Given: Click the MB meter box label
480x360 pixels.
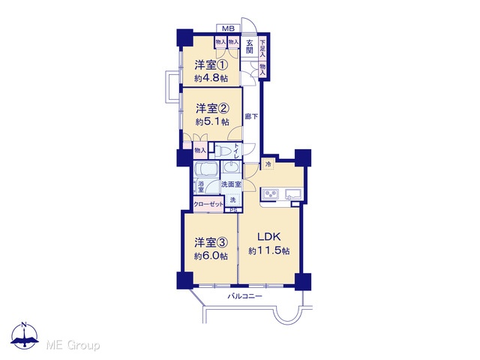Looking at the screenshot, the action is [x=228, y=28].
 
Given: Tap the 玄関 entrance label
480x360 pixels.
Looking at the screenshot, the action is [x=250, y=46].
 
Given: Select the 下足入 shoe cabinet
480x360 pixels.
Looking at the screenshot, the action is [x=262, y=48].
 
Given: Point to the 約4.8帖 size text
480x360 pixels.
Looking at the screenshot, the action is [x=211, y=78].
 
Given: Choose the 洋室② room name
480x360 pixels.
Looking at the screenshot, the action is [x=213, y=108].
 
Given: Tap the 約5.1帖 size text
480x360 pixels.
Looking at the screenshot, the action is [x=212, y=121].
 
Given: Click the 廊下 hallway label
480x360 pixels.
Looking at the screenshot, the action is [x=251, y=117].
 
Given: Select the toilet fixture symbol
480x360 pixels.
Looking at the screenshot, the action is [x=222, y=151].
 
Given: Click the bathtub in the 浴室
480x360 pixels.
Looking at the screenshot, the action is [x=206, y=170].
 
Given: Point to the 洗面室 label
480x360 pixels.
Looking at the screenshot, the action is [x=231, y=184].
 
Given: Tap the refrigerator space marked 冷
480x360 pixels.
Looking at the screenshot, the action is [x=268, y=164].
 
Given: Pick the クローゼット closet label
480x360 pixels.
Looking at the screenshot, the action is [x=208, y=204].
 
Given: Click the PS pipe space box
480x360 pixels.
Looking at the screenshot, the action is [x=233, y=210].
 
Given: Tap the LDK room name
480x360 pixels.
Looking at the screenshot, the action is [x=268, y=237].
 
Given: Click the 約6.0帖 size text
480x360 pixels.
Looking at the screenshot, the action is [x=211, y=256].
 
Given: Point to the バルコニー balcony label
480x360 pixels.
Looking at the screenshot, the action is [x=244, y=296].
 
